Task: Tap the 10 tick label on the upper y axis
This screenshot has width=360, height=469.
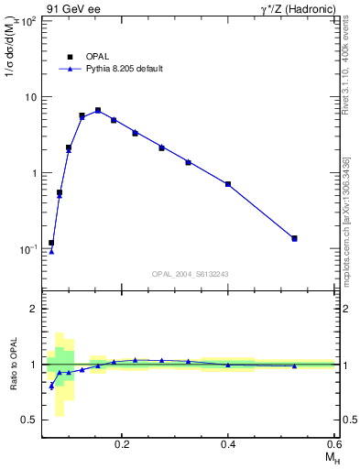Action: point(29,96)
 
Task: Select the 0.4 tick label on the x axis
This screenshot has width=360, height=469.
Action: point(228,443)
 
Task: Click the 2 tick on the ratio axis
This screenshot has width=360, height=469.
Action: point(32,309)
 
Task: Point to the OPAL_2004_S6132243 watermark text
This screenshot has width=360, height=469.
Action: point(191,274)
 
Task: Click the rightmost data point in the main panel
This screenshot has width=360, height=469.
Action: point(294,238)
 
